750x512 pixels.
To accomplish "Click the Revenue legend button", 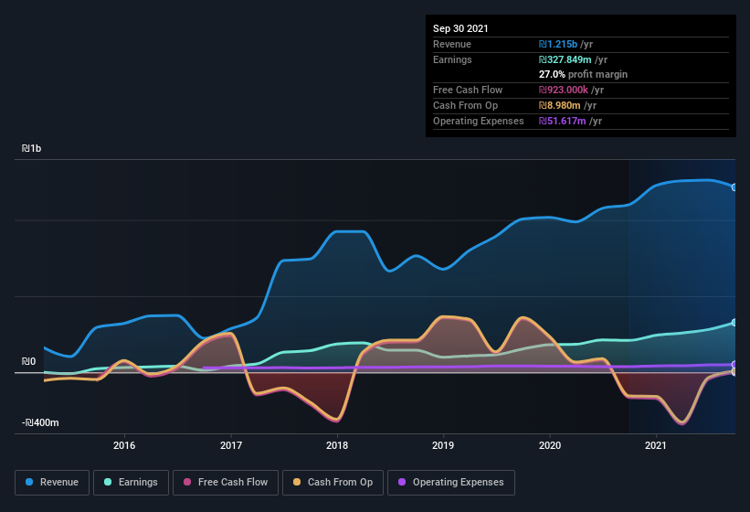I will coord(52,482).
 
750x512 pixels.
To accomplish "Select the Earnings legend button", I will coord(131,482).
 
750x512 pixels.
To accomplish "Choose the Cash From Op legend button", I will coord(333,482).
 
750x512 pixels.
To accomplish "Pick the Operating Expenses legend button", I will coord(451,482).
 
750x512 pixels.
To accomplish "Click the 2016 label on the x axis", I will coord(124,446).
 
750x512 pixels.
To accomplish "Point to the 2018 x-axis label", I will coord(337,446).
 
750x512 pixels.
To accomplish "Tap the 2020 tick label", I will coord(550,446).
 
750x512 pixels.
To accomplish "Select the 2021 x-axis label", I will coord(656,446).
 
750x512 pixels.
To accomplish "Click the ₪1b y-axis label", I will coord(33,148).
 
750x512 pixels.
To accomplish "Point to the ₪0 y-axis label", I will coord(28,362).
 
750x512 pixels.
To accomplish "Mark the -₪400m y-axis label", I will coord(40,422).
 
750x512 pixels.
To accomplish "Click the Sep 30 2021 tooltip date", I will coord(460,28).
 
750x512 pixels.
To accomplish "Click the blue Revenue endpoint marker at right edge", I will coord(734,187).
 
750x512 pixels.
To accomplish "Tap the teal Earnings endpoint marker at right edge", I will coord(734,323).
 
